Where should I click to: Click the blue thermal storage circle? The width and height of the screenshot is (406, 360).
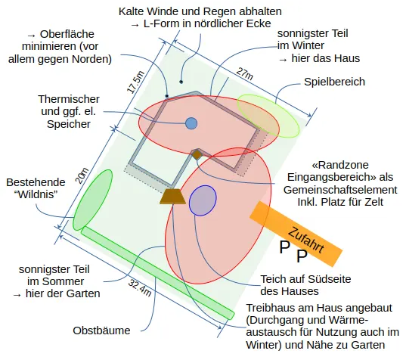[191, 123]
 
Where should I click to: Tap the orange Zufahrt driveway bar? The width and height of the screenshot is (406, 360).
[296, 234]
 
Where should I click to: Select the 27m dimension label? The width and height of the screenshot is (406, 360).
[244, 74]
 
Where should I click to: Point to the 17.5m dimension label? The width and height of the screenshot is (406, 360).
[135, 82]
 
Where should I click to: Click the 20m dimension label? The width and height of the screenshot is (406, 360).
[82, 176]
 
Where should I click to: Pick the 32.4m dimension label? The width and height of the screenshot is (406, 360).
[140, 287]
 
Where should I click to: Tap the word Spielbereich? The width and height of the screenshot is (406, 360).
[334, 82]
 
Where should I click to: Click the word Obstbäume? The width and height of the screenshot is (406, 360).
[101, 331]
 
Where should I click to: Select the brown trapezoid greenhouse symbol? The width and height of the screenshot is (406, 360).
[172, 197]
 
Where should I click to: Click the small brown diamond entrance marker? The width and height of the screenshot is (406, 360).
[197, 154]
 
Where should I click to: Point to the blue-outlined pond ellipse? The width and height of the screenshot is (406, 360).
[203, 200]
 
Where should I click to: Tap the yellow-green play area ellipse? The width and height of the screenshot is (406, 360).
[268, 116]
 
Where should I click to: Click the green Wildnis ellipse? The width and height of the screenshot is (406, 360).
[93, 200]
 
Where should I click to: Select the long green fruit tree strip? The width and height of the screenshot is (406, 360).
[158, 273]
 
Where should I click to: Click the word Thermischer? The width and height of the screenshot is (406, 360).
[69, 99]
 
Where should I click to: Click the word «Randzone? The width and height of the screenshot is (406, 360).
[340, 165]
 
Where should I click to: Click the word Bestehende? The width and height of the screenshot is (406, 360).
[36, 182]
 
